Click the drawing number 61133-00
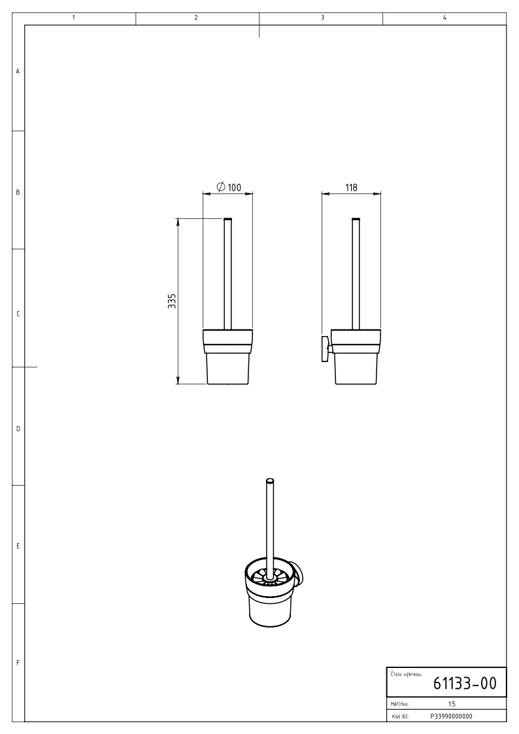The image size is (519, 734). pos(464,684)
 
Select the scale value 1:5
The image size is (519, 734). pos(451,704)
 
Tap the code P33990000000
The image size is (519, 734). pos(451,716)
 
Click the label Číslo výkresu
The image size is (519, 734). pos(406,674)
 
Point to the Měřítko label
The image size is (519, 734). pos(399,704)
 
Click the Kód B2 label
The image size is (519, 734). pos(399,717)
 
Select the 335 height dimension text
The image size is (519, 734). pos(172,301)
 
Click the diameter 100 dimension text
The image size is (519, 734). pos(229,187)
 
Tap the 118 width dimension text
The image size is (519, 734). pos(351,187)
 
